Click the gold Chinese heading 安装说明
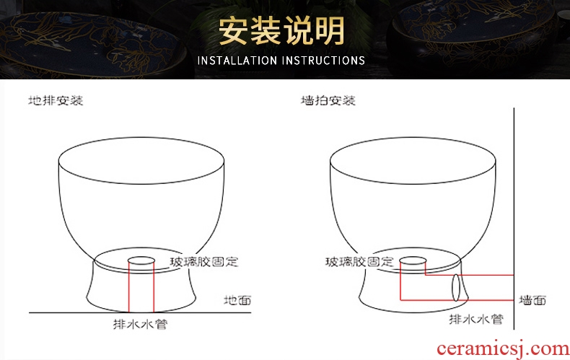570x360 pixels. tap(281, 31)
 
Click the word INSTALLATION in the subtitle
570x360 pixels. tap(237, 61)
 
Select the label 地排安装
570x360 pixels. tap(56, 100)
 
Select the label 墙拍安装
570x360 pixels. tap(328, 100)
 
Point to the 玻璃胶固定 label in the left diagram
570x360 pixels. tap(204, 262)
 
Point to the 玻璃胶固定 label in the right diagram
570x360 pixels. tap(359, 262)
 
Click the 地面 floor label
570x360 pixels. tap(237, 300)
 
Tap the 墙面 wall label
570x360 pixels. tap(532, 300)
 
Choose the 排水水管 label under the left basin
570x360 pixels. tap(140, 324)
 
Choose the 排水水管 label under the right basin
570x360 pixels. tap(476, 320)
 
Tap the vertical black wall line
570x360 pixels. tap(514, 218)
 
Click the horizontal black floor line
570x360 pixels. tap(140, 312)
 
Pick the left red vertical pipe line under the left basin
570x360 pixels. tap(129, 286)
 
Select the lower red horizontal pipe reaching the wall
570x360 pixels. tap(457, 300)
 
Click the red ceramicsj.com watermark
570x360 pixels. tap(503, 349)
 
